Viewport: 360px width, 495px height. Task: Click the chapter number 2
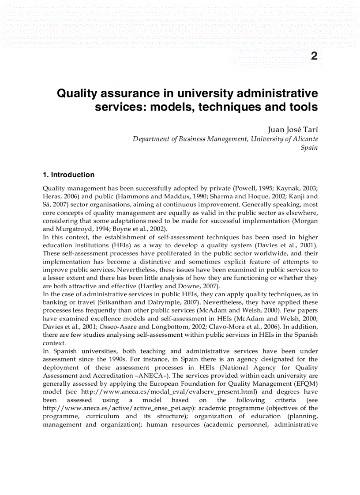tap(314, 56)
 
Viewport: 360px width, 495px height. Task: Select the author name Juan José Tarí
tap(292, 130)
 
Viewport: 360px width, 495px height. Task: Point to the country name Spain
tap(309, 148)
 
